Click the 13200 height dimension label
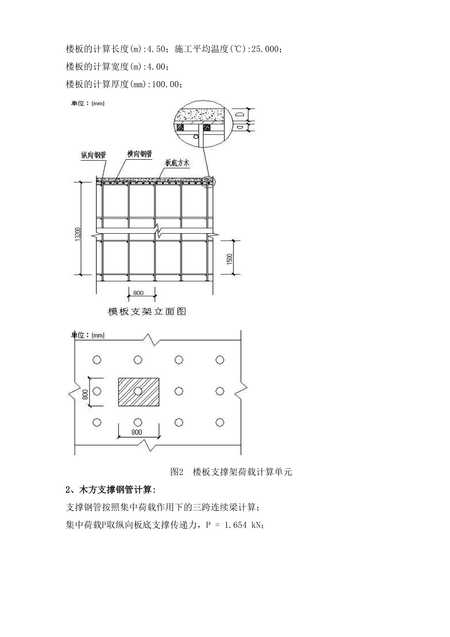78,234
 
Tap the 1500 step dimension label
230,259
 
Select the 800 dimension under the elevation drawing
138,293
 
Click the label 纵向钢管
93,155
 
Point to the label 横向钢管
140,154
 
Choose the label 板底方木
177,163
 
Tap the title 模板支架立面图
147,311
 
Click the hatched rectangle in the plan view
139,392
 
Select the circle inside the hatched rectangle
138,391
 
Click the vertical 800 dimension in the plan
85,394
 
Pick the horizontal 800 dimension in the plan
137,432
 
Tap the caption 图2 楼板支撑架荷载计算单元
231,472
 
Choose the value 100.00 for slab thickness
166,84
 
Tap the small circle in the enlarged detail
196,137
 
